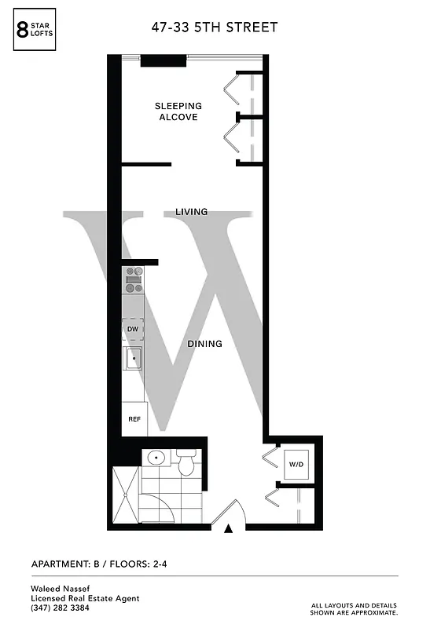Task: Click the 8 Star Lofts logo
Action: pyautogui.click(x=36, y=32)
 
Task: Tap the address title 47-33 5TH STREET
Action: pyautogui.click(x=215, y=28)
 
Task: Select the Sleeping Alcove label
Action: pyautogui.click(x=178, y=111)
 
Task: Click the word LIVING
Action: pyautogui.click(x=191, y=212)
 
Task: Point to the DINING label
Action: pyautogui.click(x=204, y=344)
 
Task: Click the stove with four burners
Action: pyautogui.click(x=134, y=280)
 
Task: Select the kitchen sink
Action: pyautogui.click(x=134, y=359)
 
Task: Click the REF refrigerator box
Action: pyautogui.click(x=134, y=418)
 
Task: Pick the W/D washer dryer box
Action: pyautogui.click(x=296, y=465)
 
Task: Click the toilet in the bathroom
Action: pyautogui.click(x=186, y=463)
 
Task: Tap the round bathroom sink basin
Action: pyautogui.click(x=155, y=458)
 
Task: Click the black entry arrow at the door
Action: pyautogui.click(x=229, y=529)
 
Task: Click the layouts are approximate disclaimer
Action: pyautogui.click(x=355, y=608)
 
